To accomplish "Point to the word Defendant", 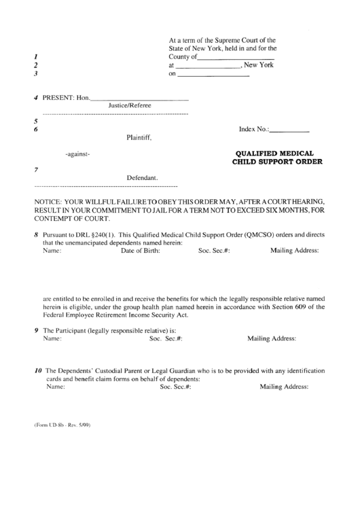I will click(x=142, y=178).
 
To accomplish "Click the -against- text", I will click(x=77, y=155).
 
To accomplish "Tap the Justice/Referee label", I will click(x=130, y=105).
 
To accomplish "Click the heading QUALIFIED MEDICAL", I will click(x=275, y=154).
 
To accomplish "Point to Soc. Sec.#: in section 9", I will click(x=166, y=338).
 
